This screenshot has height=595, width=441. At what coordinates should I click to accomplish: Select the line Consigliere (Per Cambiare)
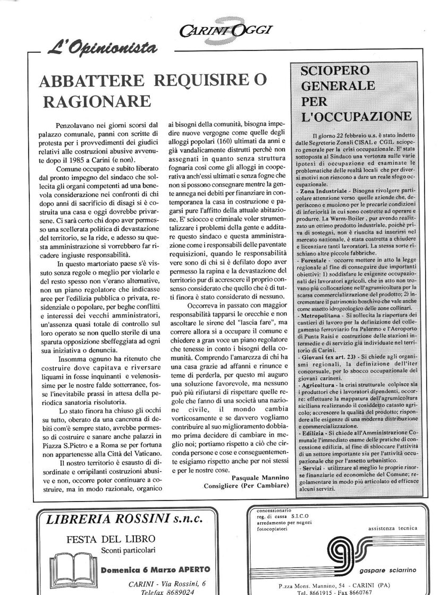click(x=247, y=486)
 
